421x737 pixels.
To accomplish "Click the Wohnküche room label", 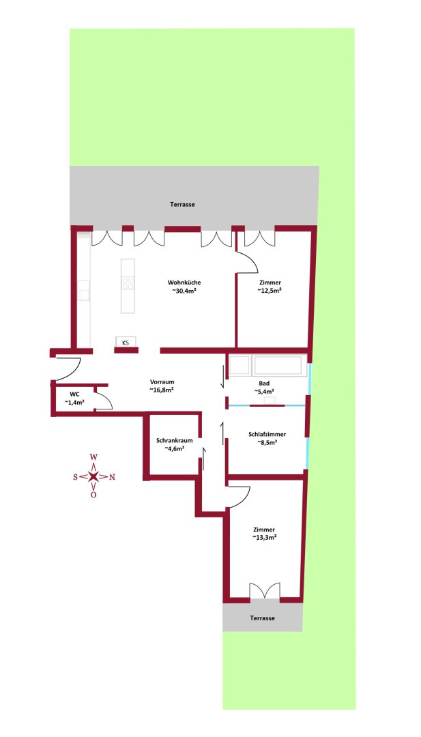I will (x=184, y=283).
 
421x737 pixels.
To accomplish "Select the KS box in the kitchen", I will (x=126, y=343).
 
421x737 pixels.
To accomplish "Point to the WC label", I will (x=75, y=394).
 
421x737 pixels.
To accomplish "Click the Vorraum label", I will (x=162, y=382).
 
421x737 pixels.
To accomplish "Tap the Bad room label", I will (x=264, y=384).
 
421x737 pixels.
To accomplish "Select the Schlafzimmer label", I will (x=267, y=434).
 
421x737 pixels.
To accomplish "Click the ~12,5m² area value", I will (x=270, y=291).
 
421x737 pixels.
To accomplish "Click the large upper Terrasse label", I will (x=183, y=204).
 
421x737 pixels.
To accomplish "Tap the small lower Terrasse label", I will (x=263, y=618).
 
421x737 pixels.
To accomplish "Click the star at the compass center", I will (x=93, y=476).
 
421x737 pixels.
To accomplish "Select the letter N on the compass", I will (x=112, y=477).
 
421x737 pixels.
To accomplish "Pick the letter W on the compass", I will (x=93, y=458).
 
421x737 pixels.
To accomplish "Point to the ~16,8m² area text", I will (x=162, y=390).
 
